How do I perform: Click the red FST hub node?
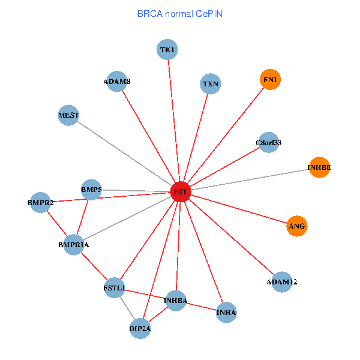point(181,192)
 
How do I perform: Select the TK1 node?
point(168,49)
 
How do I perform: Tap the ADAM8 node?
point(116,82)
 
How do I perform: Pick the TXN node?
point(211,84)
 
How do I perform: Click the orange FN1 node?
point(271,79)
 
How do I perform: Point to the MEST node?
point(69,115)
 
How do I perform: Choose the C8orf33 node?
point(268,142)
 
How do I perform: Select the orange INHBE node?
point(319,167)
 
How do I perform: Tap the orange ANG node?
point(296,226)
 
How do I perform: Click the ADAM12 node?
point(282,281)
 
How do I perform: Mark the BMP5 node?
point(91,190)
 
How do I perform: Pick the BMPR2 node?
point(40,203)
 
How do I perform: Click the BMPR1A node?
point(73,244)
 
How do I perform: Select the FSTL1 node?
point(114,289)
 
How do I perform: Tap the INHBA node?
point(176,300)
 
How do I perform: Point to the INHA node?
point(226,312)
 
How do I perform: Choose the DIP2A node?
point(140,328)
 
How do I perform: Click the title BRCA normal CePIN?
point(180,13)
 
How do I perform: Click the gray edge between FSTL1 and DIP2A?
point(127,308)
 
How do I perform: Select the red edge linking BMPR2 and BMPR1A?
point(56,223)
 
